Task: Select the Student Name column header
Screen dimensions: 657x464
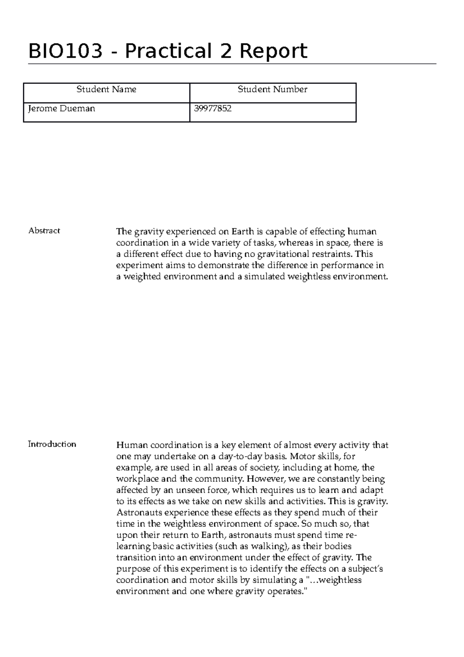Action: coord(106,89)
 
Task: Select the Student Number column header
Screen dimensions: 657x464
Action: coord(272,89)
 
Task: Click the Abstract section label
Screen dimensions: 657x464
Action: coord(44,231)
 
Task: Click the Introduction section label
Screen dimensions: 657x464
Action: coord(52,444)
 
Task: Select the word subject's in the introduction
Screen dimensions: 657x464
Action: coord(365,569)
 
